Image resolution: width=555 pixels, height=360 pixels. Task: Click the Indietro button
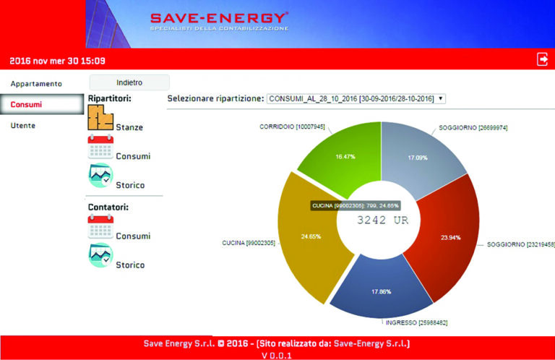click(x=129, y=82)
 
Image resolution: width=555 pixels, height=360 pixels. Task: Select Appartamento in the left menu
click(x=36, y=83)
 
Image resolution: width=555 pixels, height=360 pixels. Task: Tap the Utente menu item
click(x=23, y=125)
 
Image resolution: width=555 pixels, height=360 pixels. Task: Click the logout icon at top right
click(x=542, y=59)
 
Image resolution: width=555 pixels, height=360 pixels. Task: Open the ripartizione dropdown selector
click(x=356, y=98)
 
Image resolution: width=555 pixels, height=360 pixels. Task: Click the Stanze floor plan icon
click(x=100, y=118)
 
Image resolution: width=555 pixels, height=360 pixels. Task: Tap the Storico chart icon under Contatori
click(x=100, y=255)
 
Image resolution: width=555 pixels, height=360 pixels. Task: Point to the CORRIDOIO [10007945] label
click(x=292, y=126)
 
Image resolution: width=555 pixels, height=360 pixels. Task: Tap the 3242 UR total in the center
click(x=382, y=220)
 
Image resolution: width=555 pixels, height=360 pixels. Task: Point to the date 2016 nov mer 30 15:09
click(x=57, y=61)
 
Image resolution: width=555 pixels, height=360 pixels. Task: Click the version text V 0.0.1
click(x=277, y=355)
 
